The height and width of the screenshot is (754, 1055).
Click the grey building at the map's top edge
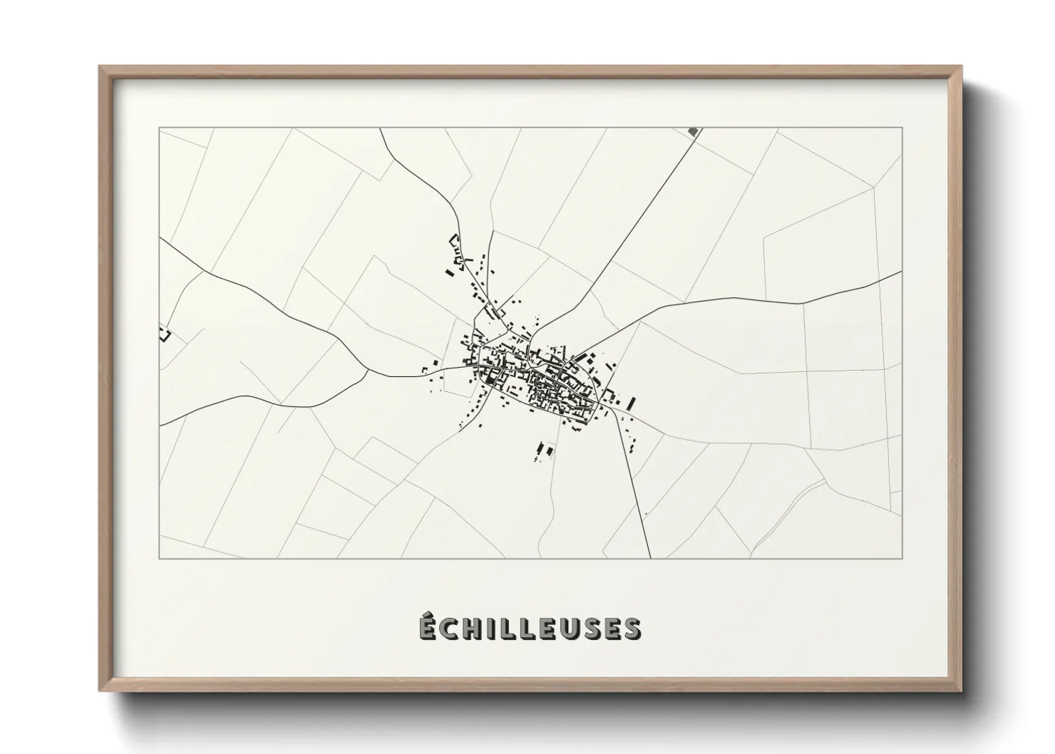coord(692,131)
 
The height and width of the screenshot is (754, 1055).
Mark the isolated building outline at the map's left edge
coord(165,333)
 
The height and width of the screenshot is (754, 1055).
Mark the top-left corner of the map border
coord(159,128)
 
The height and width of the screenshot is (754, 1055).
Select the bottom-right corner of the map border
coord(902,558)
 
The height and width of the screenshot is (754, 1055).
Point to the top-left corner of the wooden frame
coord(99,66)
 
